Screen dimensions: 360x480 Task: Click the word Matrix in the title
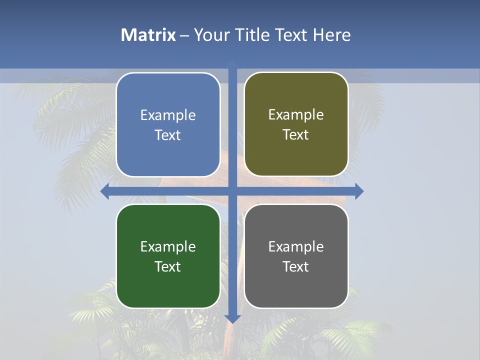click(x=148, y=35)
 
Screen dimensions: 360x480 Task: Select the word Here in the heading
click(x=331, y=35)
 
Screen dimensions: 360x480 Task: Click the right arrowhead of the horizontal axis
click(x=359, y=191)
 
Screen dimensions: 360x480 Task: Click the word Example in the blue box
click(x=168, y=115)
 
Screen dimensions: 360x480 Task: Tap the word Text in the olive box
click(x=296, y=135)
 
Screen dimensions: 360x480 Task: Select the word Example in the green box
click(x=168, y=247)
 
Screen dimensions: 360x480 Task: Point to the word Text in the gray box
click(x=296, y=267)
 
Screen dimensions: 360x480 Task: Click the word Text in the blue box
click(x=168, y=135)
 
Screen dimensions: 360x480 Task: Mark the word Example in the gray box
click(x=296, y=247)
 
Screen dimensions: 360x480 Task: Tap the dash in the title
click(x=184, y=35)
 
